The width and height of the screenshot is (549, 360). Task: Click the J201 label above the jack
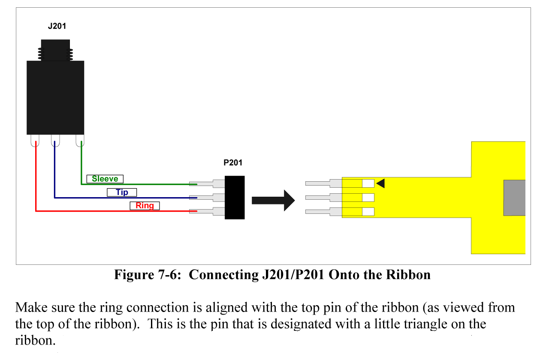pyautogui.click(x=57, y=27)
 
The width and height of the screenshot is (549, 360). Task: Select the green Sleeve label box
pyautogui.click(x=105, y=179)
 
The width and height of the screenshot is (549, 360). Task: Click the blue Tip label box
pyautogui.click(x=122, y=192)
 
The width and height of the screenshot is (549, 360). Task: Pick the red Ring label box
pyautogui.click(x=145, y=206)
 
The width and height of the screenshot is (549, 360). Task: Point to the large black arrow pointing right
pyautogui.click(x=273, y=200)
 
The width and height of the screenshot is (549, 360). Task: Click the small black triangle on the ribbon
pyautogui.click(x=380, y=183)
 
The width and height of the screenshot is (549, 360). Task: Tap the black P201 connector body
pyautogui.click(x=235, y=198)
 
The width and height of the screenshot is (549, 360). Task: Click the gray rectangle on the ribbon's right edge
pyautogui.click(x=514, y=198)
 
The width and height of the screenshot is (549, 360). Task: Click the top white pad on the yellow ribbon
pyautogui.click(x=368, y=183)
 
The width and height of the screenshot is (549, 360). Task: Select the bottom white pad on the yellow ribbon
pyautogui.click(x=368, y=212)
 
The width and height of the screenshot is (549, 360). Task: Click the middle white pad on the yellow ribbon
pyautogui.click(x=368, y=198)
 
